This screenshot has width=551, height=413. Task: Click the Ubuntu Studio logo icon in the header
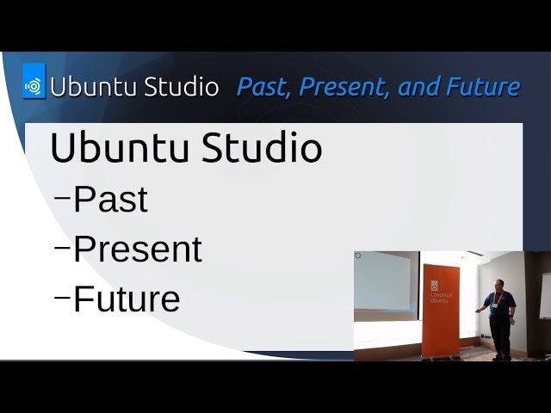tap(34, 86)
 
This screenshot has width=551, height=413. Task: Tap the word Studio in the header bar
tap(177, 87)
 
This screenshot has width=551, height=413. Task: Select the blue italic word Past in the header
tap(257, 87)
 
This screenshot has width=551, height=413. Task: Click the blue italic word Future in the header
tap(483, 87)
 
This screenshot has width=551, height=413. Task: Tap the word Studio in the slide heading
tap(262, 148)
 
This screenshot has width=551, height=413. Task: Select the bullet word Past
tap(110, 200)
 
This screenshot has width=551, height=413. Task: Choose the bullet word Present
tap(137, 250)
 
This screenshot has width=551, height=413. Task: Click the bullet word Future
tap(127, 299)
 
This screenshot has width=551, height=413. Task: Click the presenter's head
tap(499, 285)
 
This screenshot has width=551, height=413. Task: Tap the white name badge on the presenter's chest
tap(498, 304)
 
